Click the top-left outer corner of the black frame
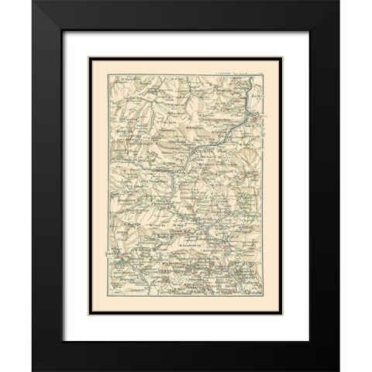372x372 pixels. pyautogui.click(x=32, y=2)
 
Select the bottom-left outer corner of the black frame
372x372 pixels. pyautogui.click(x=32, y=370)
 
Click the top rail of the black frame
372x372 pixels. pyautogui.click(x=186, y=15)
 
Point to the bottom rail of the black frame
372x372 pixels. pyautogui.click(x=186, y=356)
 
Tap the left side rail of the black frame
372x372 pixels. pyautogui.click(x=46, y=186)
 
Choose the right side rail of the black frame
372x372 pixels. pyautogui.click(x=325, y=186)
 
